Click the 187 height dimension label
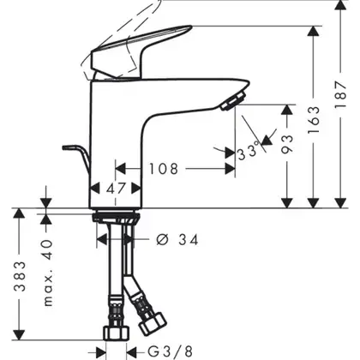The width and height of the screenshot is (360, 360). [x=341, y=94]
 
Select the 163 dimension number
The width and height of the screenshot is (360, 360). [x=314, y=120]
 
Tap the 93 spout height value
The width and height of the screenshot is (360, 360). [x=287, y=144]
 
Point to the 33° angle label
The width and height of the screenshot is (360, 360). [x=249, y=152]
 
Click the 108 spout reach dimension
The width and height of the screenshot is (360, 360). [x=164, y=169]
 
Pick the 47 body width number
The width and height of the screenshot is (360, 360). [x=116, y=189]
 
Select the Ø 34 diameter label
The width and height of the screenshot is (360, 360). [x=177, y=240]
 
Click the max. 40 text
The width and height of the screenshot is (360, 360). [x=48, y=273]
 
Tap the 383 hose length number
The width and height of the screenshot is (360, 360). [x=20, y=277]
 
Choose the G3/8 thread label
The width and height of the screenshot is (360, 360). [x=171, y=351]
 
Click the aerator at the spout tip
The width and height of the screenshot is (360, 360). [x=233, y=100]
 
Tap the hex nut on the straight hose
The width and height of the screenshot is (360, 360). [x=116, y=333]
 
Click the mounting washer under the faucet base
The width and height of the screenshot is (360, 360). [x=116, y=217]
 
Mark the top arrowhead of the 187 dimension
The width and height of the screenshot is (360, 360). [x=340, y=5]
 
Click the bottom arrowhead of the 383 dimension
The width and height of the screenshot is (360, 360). [x=19, y=335]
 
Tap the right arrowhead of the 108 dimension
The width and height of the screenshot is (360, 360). [x=230, y=169]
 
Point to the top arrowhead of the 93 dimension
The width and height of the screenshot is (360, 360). [x=287, y=110]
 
